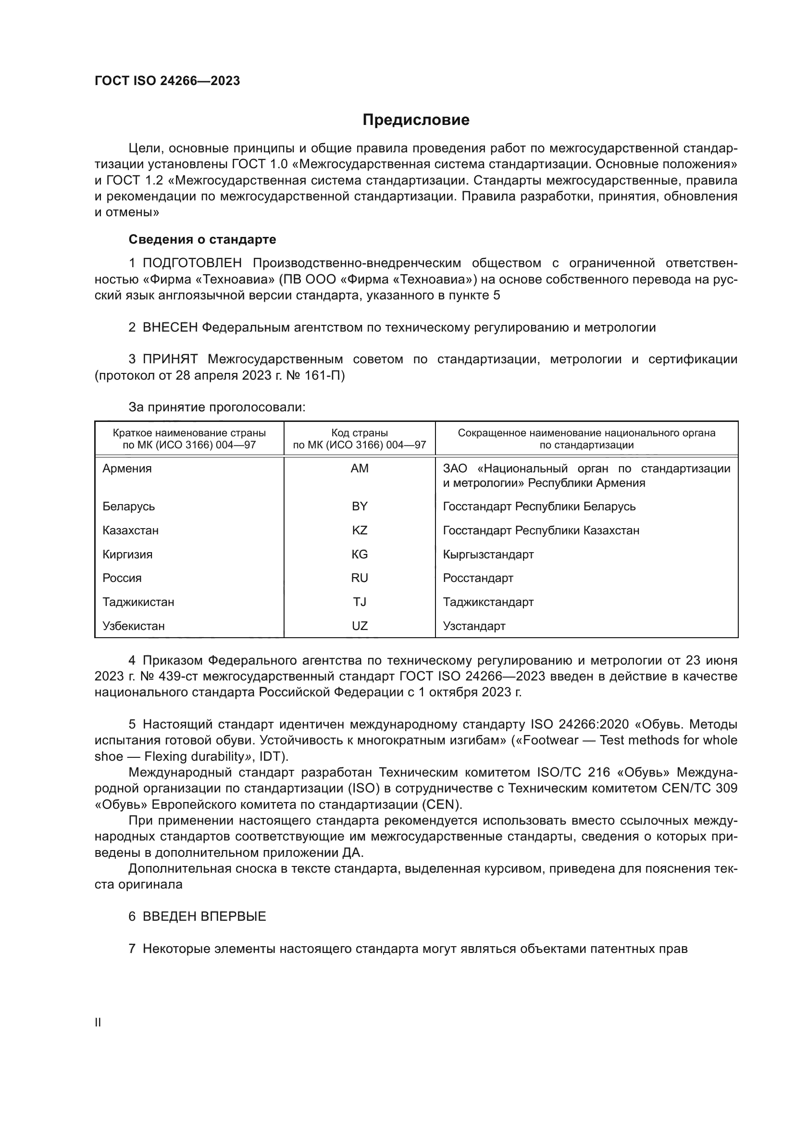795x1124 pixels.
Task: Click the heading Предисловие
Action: tap(416, 120)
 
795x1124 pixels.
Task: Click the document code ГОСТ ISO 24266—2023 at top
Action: tap(167, 81)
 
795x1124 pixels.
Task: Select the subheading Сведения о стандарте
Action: tap(202, 239)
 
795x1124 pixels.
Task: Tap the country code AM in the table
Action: tap(360, 469)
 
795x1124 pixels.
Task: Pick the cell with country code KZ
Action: tap(360, 530)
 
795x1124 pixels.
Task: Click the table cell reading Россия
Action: tap(122, 578)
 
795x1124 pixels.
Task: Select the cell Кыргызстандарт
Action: tap(488, 554)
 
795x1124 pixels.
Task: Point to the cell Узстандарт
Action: tap(474, 626)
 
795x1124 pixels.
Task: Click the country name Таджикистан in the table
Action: tap(138, 602)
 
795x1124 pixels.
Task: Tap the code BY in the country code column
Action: tap(360, 506)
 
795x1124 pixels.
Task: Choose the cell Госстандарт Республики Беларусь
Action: tap(539, 506)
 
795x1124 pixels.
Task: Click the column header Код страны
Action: tap(360, 433)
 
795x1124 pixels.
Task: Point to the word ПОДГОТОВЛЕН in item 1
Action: tap(192, 263)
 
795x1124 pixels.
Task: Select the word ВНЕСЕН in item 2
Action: tap(170, 328)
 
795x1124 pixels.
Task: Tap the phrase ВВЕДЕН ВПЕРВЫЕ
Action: tap(204, 916)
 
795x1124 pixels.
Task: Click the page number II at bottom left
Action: tap(98, 1022)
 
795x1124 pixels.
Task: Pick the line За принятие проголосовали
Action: tap(217, 408)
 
